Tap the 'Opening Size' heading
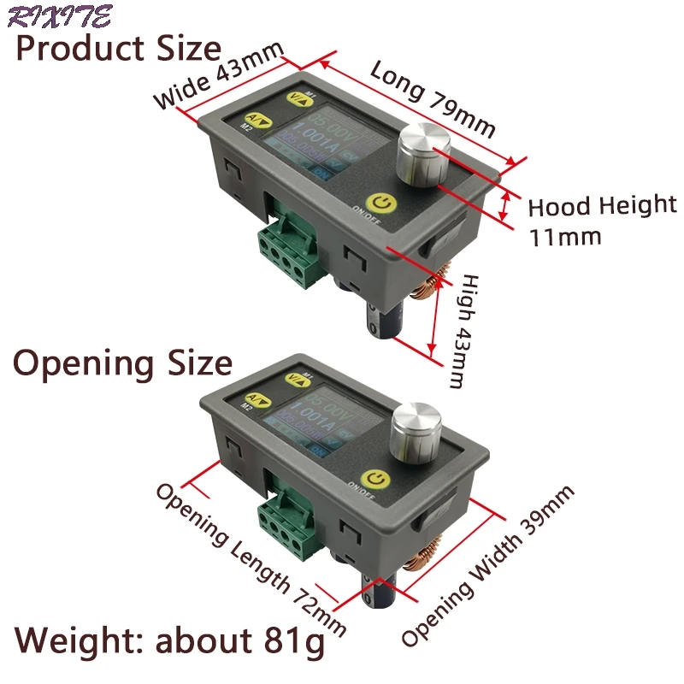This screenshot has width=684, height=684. click(x=122, y=363)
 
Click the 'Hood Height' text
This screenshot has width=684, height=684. click(x=602, y=206)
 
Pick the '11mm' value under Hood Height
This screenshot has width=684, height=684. click(x=564, y=236)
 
